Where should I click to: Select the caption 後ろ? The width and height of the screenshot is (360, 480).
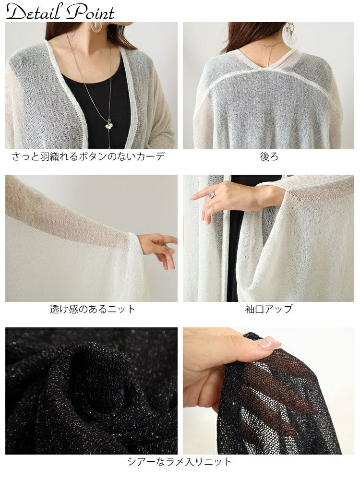coord(269,156)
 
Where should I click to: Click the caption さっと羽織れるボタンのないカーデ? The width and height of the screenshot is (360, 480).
coord(88,156)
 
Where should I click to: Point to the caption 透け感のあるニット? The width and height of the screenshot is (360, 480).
coord(92,309)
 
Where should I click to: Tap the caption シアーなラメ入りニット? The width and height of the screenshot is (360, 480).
coord(179,461)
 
